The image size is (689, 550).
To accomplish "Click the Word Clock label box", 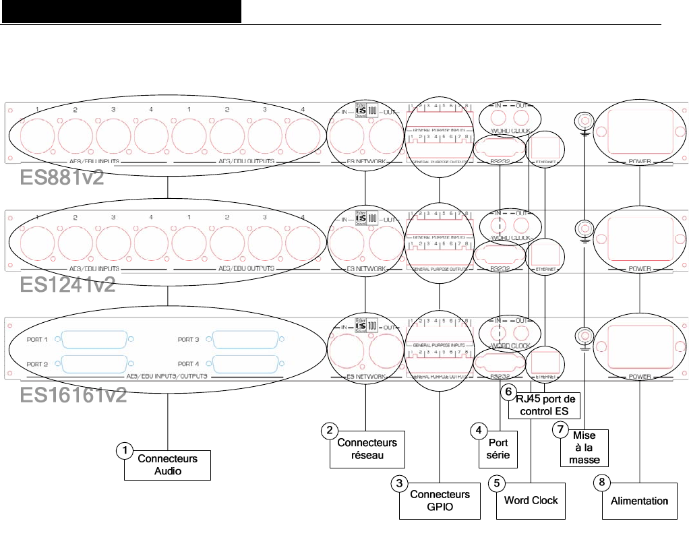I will (531, 501).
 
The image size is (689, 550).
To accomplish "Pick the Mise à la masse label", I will (585, 448).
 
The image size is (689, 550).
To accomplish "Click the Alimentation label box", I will (639, 501).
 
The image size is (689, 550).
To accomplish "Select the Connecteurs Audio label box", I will (167, 465).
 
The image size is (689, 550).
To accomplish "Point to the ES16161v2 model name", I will (73, 394).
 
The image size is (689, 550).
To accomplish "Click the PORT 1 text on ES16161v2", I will (37, 339).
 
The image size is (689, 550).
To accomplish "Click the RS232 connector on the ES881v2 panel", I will (499, 147).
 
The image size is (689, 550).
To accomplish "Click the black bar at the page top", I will (121, 11).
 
